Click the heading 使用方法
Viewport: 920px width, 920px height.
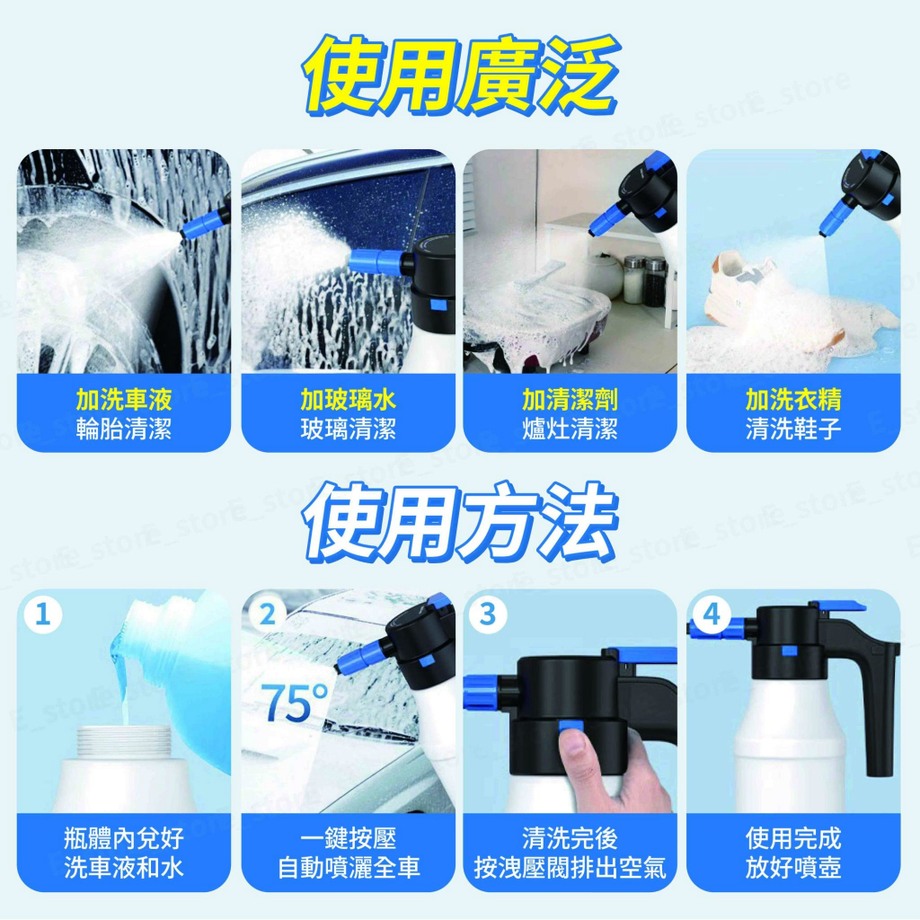[x=460, y=522]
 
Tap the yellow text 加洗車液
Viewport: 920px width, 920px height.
[x=124, y=399]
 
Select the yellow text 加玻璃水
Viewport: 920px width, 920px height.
[x=348, y=399]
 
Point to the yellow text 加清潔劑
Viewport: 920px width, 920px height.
[x=570, y=399]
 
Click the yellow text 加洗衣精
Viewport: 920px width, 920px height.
[x=793, y=399]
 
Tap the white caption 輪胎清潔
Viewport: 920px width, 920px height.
[x=124, y=429]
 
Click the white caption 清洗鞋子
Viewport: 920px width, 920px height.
[x=793, y=429]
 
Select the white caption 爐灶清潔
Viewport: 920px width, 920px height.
[x=570, y=429]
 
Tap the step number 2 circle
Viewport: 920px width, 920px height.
[x=267, y=615]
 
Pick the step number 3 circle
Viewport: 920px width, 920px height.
[x=489, y=615]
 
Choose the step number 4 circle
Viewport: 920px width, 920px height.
[x=712, y=615]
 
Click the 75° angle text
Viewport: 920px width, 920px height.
[x=295, y=703]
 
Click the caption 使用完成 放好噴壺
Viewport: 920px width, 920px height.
[x=793, y=853]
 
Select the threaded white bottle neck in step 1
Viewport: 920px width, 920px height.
[x=124, y=740]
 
